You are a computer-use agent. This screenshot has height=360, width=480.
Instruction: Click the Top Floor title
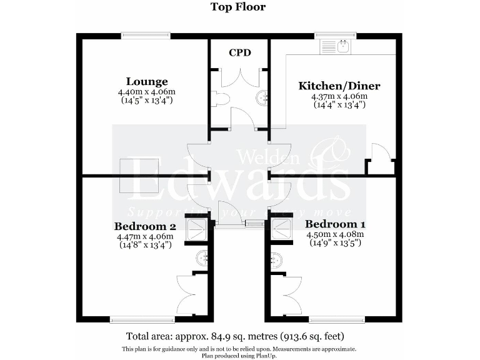(237, 7)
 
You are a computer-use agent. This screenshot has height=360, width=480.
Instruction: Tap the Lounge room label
(146, 81)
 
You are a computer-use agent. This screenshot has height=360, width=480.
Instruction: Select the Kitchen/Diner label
(339, 86)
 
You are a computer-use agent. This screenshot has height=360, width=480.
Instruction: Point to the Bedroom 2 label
(144, 226)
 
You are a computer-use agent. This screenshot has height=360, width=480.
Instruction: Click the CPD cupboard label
(239, 52)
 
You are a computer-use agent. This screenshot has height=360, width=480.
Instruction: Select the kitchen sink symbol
(342, 45)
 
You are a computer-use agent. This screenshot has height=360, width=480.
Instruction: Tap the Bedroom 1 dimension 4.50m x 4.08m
(334, 234)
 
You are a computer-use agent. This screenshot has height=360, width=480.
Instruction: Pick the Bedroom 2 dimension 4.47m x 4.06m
(144, 237)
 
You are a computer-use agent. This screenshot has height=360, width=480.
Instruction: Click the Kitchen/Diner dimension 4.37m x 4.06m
(339, 97)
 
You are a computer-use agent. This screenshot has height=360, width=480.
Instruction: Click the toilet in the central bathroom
(218, 98)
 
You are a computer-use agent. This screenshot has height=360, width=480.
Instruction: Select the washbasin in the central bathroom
(264, 97)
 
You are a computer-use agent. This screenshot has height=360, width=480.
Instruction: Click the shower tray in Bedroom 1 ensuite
(279, 230)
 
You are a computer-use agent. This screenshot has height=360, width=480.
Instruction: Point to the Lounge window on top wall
(145, 36)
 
